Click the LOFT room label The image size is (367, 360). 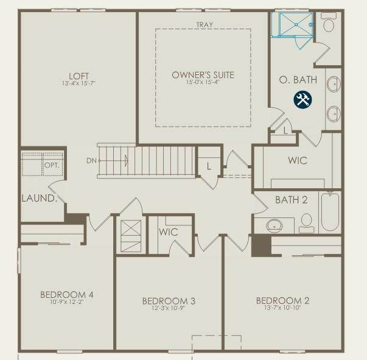pos(79,76)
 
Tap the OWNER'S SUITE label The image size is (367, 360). pos(203,75)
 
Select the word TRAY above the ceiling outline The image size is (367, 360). pos(204,24)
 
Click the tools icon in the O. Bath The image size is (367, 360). pos(302,99)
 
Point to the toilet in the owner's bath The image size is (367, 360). pos(329,23)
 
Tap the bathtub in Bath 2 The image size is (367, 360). pos(330,211)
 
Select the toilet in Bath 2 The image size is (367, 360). pos(307,223)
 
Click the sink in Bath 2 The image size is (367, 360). pos(274,225)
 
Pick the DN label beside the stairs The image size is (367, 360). pos(91,161)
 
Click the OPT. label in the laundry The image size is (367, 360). pos(52,165)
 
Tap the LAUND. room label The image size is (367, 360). pos(40,198)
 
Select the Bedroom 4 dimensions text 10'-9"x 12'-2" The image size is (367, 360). pos(67,302)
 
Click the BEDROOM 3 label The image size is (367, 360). pos(169,301)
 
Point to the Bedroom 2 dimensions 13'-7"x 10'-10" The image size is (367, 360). pos(282,308)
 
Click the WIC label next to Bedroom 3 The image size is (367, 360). pos(169,232)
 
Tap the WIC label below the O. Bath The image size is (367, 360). pos(298,160)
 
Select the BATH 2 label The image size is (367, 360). pos(291,200)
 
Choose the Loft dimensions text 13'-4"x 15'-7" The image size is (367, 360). pos(79,83)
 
